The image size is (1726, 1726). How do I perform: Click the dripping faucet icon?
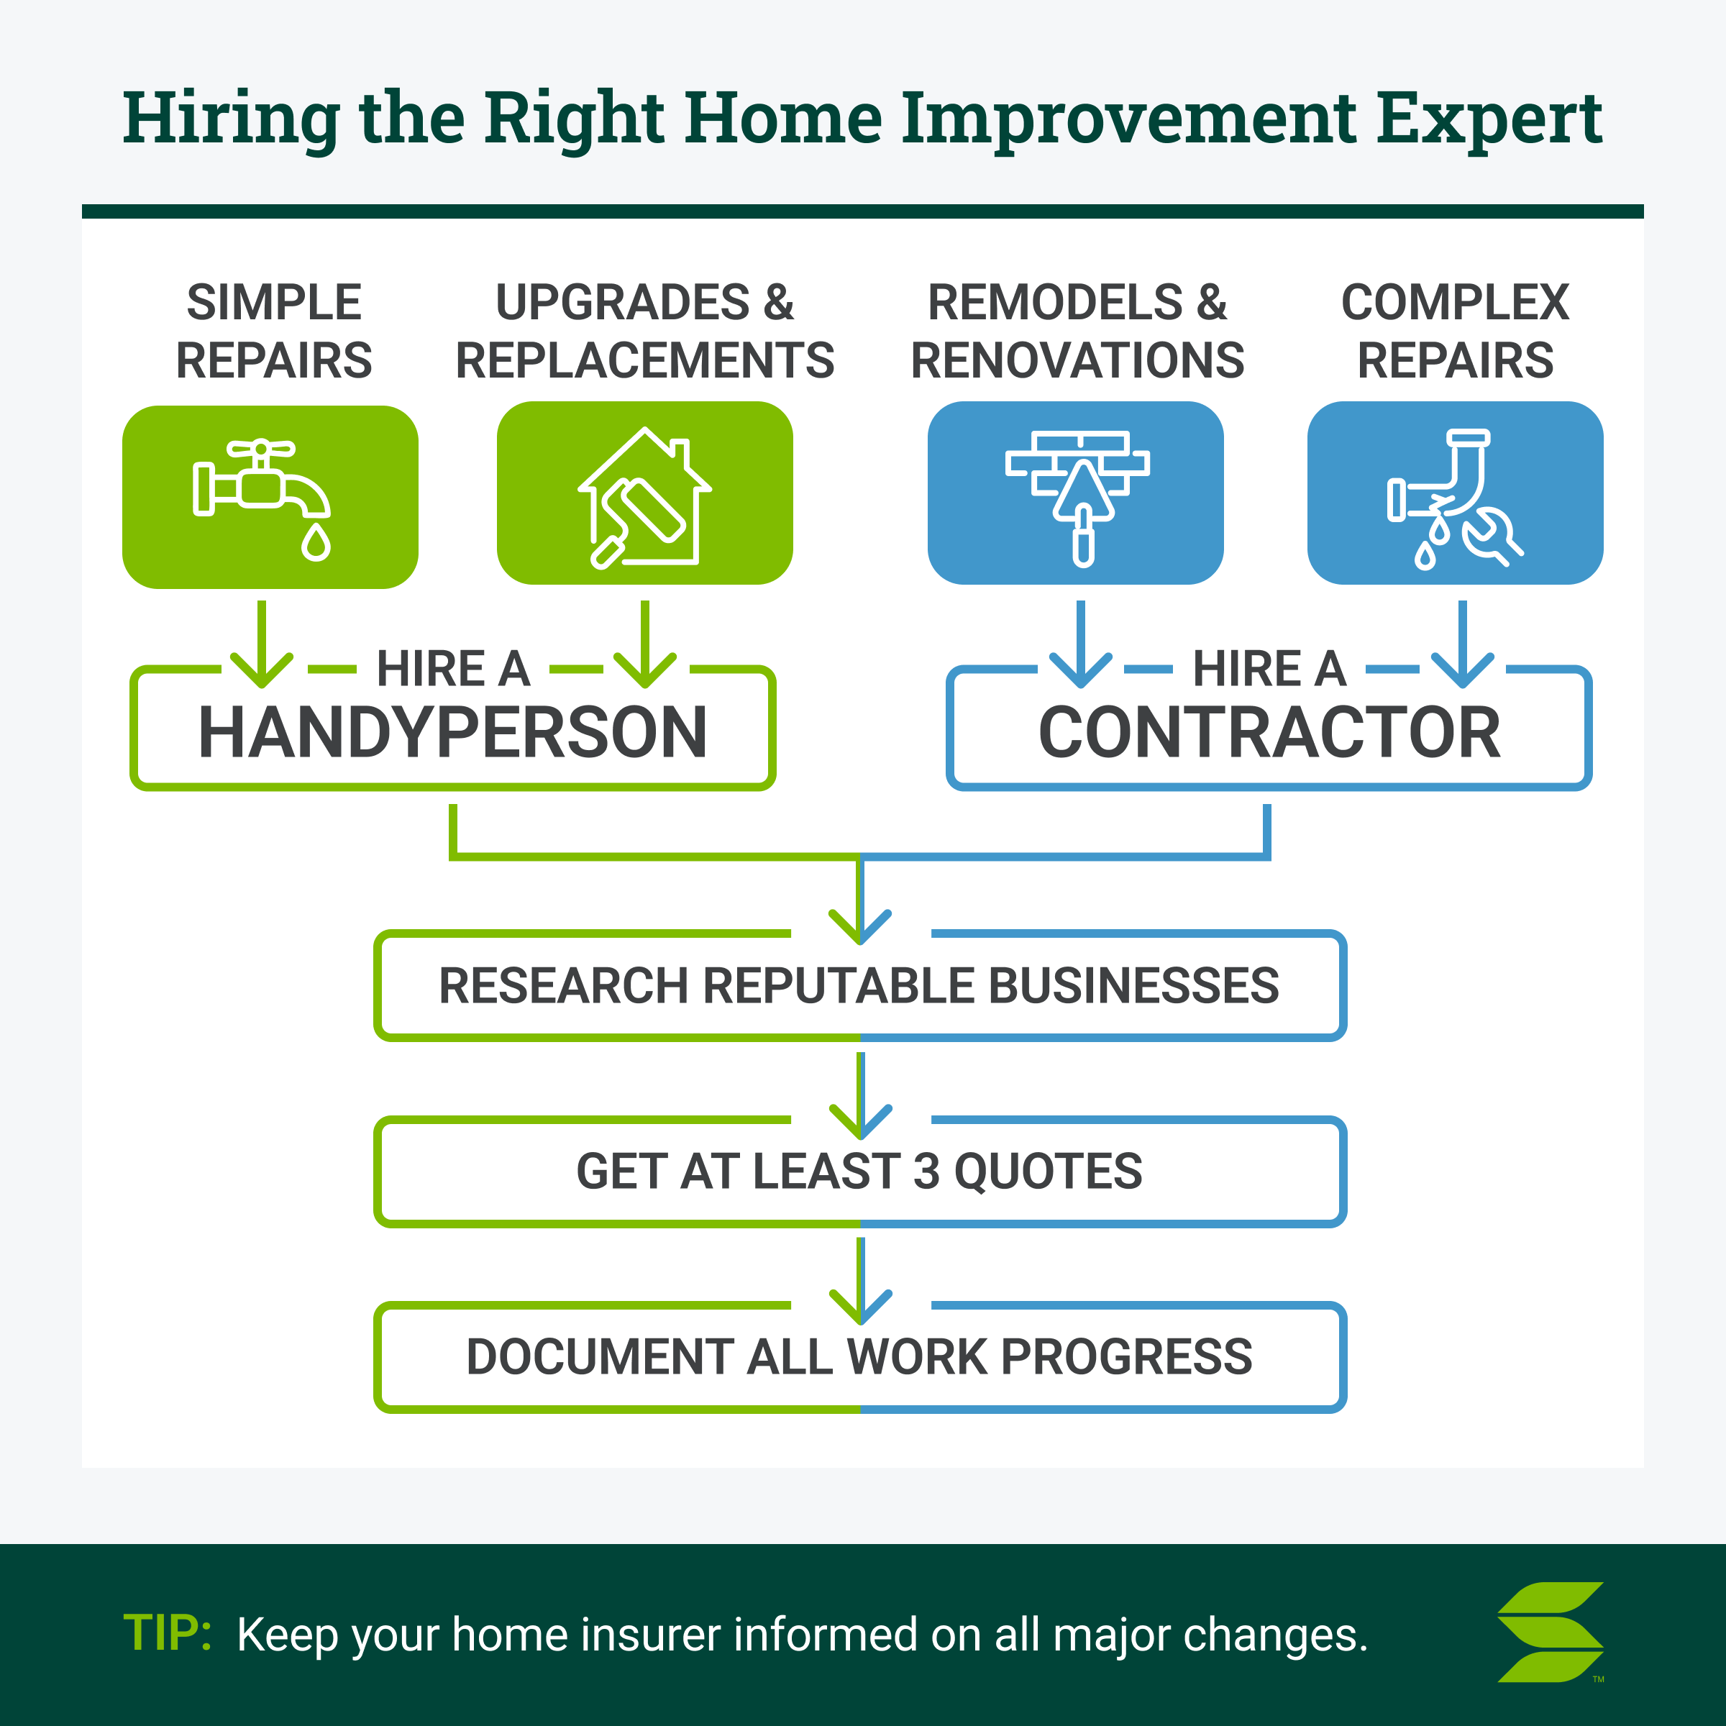click(262, 499)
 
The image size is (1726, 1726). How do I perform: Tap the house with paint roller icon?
click(644, 497)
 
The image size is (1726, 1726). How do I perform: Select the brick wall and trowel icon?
click(1077, 498)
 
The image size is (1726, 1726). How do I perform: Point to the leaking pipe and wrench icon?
click(1454, 498)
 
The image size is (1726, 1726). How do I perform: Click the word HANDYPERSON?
click(453, 733)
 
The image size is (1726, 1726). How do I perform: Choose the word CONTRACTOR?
click(1269, 733)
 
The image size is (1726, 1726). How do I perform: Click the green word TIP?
click(167, 1633)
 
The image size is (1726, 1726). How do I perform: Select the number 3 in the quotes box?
click(926, 1172)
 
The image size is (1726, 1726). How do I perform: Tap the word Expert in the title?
click(1489, 119)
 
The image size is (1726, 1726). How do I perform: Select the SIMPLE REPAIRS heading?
click(273, 332)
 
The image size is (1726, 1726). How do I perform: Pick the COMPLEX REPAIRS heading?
click(1456, 332)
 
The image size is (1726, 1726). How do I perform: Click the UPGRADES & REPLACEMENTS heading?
click(644, 332)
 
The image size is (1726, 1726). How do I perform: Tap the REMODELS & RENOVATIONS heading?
click(1077, 332)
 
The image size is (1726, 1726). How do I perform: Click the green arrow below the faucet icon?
click(262, 644)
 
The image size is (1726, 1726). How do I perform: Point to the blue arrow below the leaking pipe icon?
click(1463, 644)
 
